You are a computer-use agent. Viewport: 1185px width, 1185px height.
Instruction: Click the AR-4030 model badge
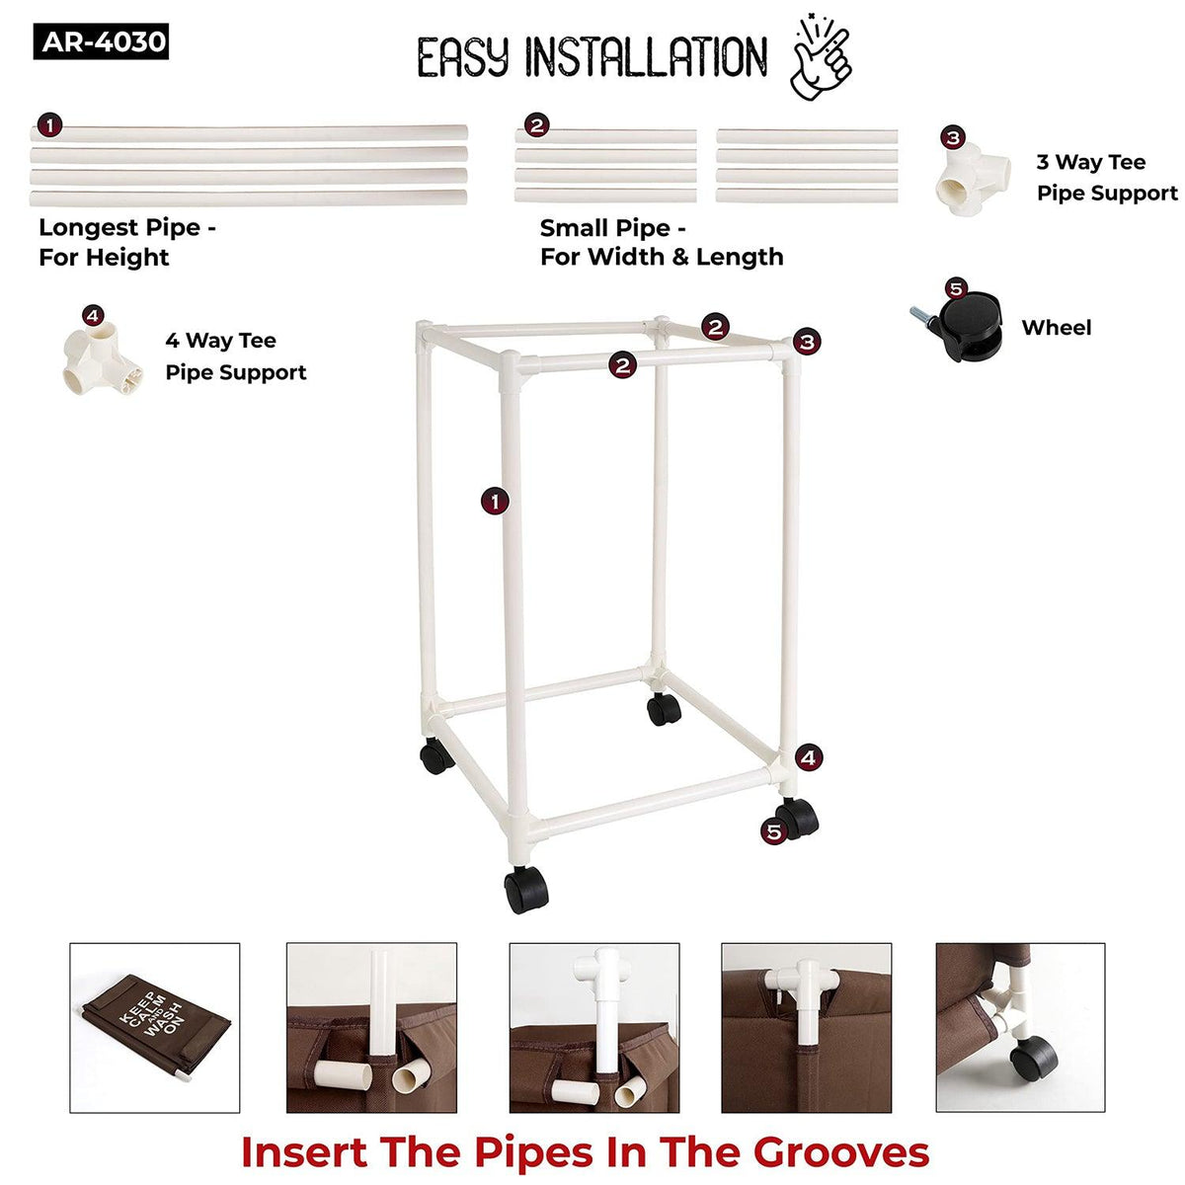coord(101,41)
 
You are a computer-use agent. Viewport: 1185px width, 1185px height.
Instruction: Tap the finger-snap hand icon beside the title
coord(821,57)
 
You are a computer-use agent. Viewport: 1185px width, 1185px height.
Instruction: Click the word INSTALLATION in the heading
coord(646,57)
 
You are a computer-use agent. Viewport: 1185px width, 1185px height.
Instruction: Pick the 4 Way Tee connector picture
coord(103,358)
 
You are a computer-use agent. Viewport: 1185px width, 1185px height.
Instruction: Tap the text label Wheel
coord(1057,328)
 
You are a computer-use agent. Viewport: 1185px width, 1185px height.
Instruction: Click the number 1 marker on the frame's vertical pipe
coord(495,502)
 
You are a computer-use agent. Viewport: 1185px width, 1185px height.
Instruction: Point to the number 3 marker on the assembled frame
coord(807,342)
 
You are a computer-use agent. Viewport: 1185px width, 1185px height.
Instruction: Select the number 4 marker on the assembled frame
coord(808,757)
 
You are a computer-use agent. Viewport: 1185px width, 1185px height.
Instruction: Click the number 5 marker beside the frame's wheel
coord(773,832)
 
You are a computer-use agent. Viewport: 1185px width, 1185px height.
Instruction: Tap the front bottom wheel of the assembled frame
coord(525,890)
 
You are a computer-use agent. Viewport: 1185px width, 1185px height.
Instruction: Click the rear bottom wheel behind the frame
coord(665,709)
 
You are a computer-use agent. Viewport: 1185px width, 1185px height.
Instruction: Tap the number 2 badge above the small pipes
coord(536,126)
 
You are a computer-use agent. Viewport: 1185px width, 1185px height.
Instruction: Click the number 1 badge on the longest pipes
coord(49,125)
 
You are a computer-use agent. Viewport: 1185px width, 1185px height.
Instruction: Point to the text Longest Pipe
coord(120,228)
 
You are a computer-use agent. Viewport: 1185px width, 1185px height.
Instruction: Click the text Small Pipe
coord(605,229)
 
